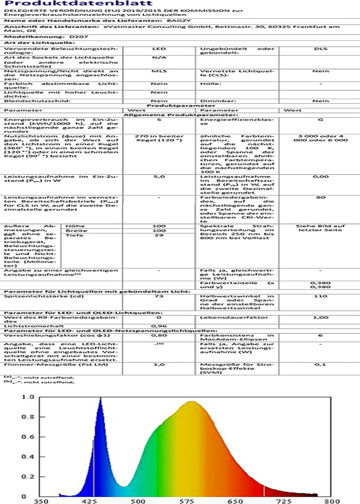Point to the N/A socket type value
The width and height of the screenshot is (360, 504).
pyautogui.click(x=159, y=57)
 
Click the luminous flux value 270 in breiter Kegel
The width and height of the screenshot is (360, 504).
pyautogui.click(x=159, y=140)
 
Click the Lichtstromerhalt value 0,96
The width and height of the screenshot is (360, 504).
pyautogui.click(x=159, y=326)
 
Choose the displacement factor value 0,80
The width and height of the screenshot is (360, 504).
pyautogui.click(x=159, y=335)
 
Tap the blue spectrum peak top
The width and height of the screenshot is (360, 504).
pyautogui.click(x=100, y=398)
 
